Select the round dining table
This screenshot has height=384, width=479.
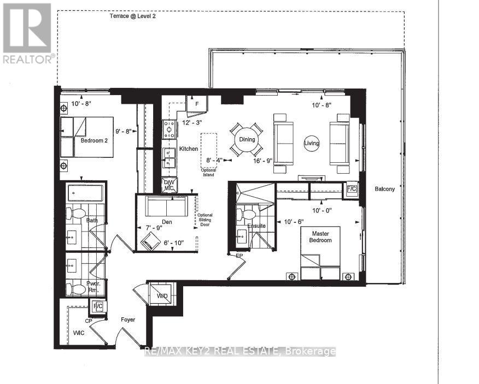247,139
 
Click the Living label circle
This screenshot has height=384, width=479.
312,143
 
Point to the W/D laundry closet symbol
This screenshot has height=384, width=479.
162,296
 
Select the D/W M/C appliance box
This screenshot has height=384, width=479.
170,185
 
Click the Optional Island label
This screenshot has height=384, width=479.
208,173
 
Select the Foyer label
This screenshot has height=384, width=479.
128,320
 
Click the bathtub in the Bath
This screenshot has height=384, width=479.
85,193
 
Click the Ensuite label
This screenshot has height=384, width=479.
256,225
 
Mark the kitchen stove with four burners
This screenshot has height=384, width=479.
170,129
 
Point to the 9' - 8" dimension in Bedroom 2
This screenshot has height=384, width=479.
125,132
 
